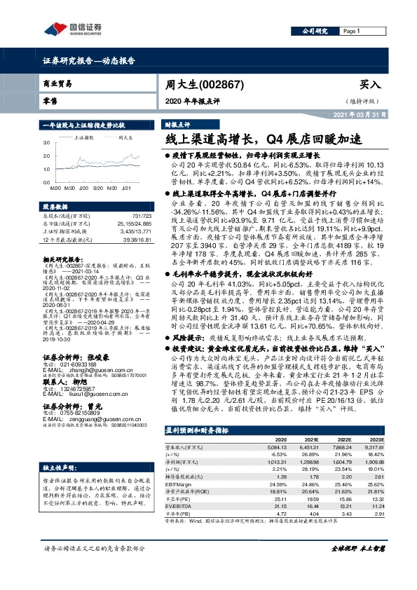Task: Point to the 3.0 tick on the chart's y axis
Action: click(x=47, y=141)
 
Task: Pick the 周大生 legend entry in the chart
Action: click(x=126, y=138)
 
